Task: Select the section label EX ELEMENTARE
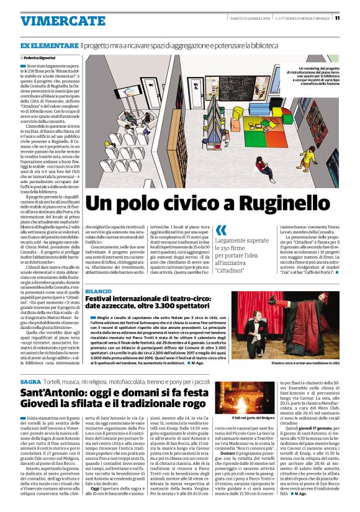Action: click(x=49, y=46)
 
